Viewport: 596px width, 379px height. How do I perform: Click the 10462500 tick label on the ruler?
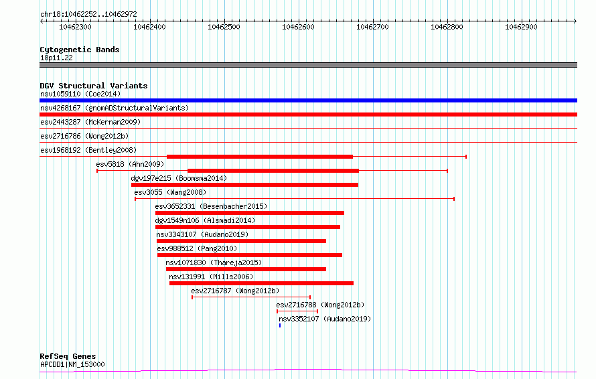coord(224,27)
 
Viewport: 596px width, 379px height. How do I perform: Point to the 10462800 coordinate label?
coord(447,27)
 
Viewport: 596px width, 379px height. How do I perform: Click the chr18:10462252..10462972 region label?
coord(88,15)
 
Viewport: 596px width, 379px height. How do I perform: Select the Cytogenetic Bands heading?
coord(80,50)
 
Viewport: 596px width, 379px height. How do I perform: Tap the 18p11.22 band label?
coord(56,58)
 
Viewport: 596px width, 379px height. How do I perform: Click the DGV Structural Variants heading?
coord(94,86)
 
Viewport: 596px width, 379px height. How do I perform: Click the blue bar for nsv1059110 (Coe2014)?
coord(308,100)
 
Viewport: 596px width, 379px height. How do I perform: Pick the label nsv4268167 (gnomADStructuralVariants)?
coord(115,108)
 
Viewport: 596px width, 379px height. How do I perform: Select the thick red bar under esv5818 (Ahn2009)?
coord(273,171)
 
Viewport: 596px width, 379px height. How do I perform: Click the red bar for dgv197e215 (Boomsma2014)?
coord(245,185)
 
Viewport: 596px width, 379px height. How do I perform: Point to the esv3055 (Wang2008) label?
coord(170,192)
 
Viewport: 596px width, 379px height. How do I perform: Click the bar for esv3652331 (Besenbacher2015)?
coord(250,213)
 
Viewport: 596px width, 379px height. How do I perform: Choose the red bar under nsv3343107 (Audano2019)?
coord(241,241)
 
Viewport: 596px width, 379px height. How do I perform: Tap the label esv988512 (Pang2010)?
coord(197,248)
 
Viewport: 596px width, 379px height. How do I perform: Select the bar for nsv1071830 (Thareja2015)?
coord(246,269)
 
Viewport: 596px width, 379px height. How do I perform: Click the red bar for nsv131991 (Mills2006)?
coord(262,283)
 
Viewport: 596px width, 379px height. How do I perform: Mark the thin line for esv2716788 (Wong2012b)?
coord(297,311)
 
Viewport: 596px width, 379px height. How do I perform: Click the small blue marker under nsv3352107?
coord(280,325)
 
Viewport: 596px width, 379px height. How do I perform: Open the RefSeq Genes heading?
coord(68,356)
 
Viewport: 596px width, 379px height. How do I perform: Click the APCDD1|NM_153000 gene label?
coord(72,364)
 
